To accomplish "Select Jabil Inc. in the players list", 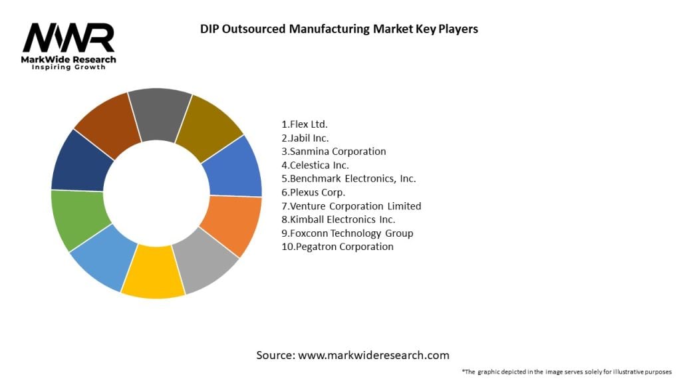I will click(x=305, y=138).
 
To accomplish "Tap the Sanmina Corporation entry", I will click(x=334, y=152).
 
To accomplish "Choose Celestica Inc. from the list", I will click(x=315, y=165).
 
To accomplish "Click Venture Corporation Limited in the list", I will click(x=352, y=206).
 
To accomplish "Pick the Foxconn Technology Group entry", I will click(x=348, y=233).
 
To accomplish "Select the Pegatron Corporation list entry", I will click(x=338, y=247).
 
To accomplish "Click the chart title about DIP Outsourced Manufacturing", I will click(x=339, y=29).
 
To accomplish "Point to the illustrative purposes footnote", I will click(x=567, y=372).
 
